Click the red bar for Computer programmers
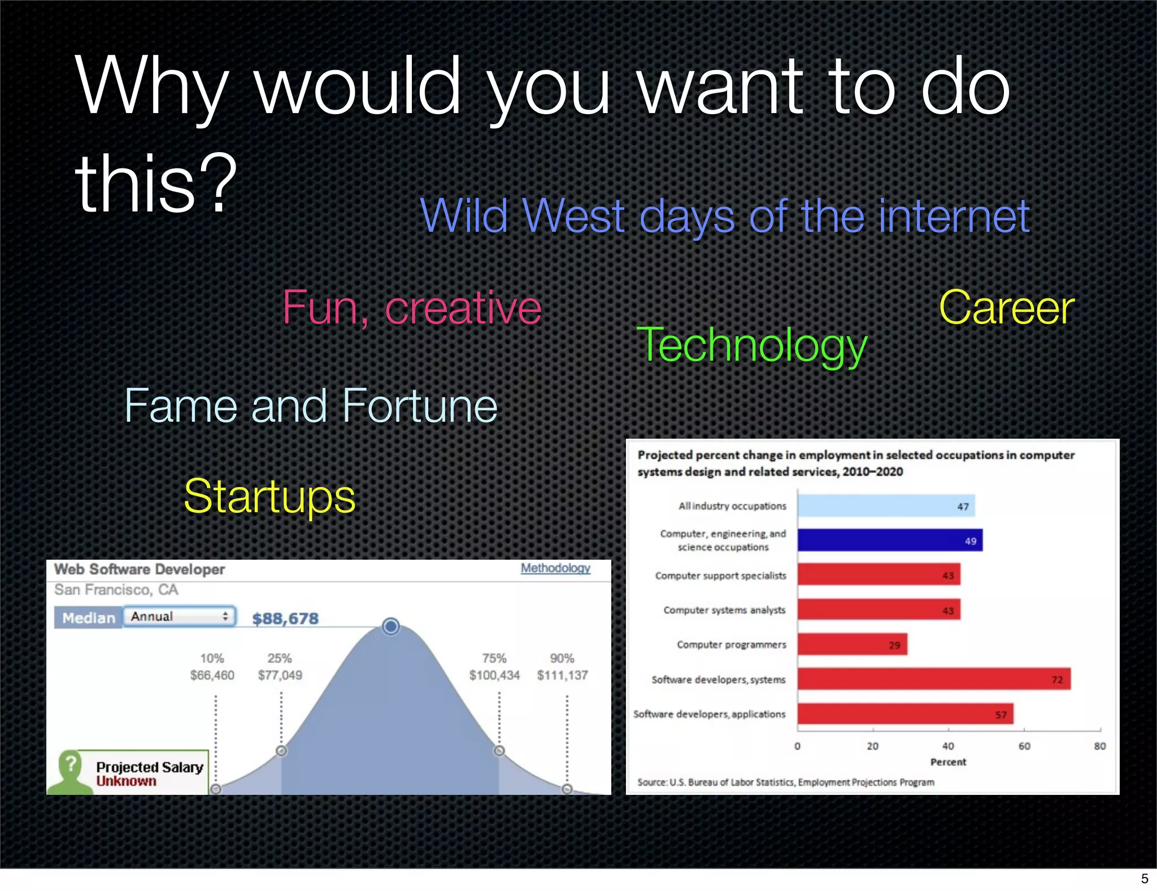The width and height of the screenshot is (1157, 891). pos(852,645)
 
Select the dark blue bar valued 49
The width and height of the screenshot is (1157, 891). pos(890,540)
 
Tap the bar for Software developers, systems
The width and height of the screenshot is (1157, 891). pos(933,679)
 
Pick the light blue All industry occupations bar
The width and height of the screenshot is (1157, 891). pos(886,506)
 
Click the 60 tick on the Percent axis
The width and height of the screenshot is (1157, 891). pos(1024,746)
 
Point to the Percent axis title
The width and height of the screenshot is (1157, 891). pos(948,762)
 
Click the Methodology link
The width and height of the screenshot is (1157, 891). pos(555,568)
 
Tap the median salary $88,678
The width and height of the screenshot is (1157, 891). pos(285,618)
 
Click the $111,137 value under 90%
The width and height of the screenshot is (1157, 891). pos(562,675)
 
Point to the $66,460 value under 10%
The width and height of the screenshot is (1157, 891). pos(212,675)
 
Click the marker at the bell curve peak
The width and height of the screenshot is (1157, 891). pos(390,626)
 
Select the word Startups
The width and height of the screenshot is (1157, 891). pos(269,496)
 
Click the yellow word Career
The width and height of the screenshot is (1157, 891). pos(1007,308)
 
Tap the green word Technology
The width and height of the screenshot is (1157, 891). pos(751,345)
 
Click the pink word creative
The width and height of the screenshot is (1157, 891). pos(463,308)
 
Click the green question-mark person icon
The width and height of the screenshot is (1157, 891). pos(70,772)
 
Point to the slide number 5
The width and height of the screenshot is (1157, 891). pos(1145,879)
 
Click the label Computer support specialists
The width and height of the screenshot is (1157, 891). pos(720,576)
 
